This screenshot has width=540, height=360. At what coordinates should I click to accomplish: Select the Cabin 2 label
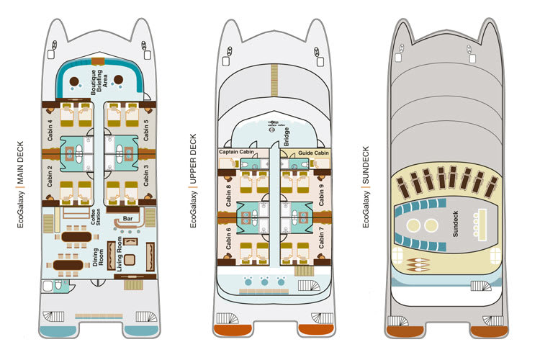click(50, 175)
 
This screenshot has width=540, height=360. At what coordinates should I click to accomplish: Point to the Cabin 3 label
click(148, 175)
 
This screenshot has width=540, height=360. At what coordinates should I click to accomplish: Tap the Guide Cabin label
click(313, 152)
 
